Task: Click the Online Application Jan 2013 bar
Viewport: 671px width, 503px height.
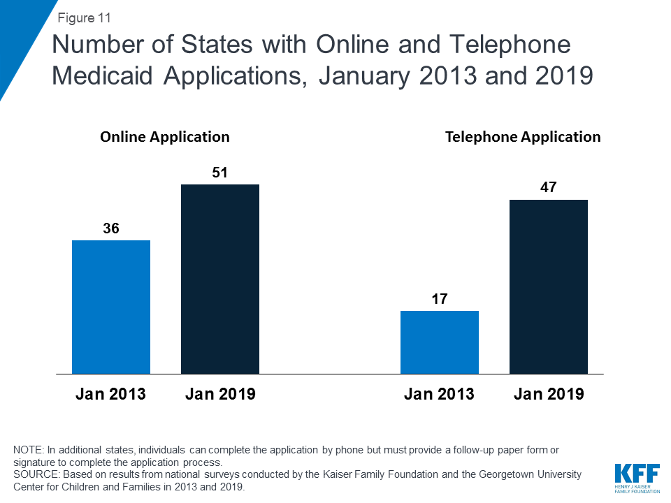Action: (x=111, y=307)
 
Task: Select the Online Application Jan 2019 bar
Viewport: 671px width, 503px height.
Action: (x=220, y=279)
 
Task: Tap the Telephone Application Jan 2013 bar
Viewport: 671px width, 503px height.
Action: (x=440, y=342)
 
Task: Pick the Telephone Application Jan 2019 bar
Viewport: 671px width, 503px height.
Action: (x=549, y=286)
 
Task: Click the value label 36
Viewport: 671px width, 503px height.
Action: (x=111, y=228)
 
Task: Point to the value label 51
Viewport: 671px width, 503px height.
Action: (x=220, y=173)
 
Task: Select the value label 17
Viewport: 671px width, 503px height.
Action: (x=440, y=299)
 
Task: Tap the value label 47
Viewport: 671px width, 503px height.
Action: (x=549, y=188)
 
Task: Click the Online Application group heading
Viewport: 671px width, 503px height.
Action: (x=165, y=137)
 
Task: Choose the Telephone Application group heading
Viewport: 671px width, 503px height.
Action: (x=523, y=137)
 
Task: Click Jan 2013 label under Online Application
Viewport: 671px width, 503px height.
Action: (x=110, y=394)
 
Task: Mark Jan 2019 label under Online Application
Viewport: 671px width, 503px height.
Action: (x=220, y=394)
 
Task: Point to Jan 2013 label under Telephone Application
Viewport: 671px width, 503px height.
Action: (x=439, y=394)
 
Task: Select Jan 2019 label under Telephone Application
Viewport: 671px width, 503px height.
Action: (x=549, y=394)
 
